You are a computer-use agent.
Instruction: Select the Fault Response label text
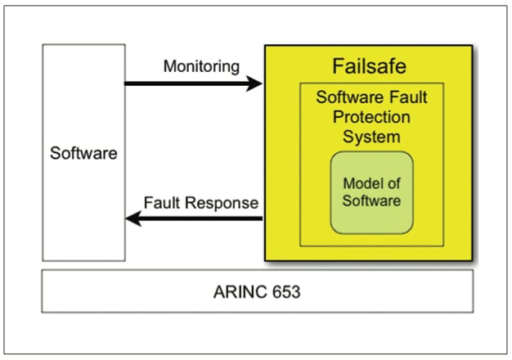[x=200, y=202]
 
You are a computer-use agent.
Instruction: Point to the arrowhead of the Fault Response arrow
[x=132, y=218]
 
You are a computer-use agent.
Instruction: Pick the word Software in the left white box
[x=83, y=153]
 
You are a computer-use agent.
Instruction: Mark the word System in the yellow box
[x=371, y=135]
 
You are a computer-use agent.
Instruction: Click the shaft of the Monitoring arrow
[x=188, y=83]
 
